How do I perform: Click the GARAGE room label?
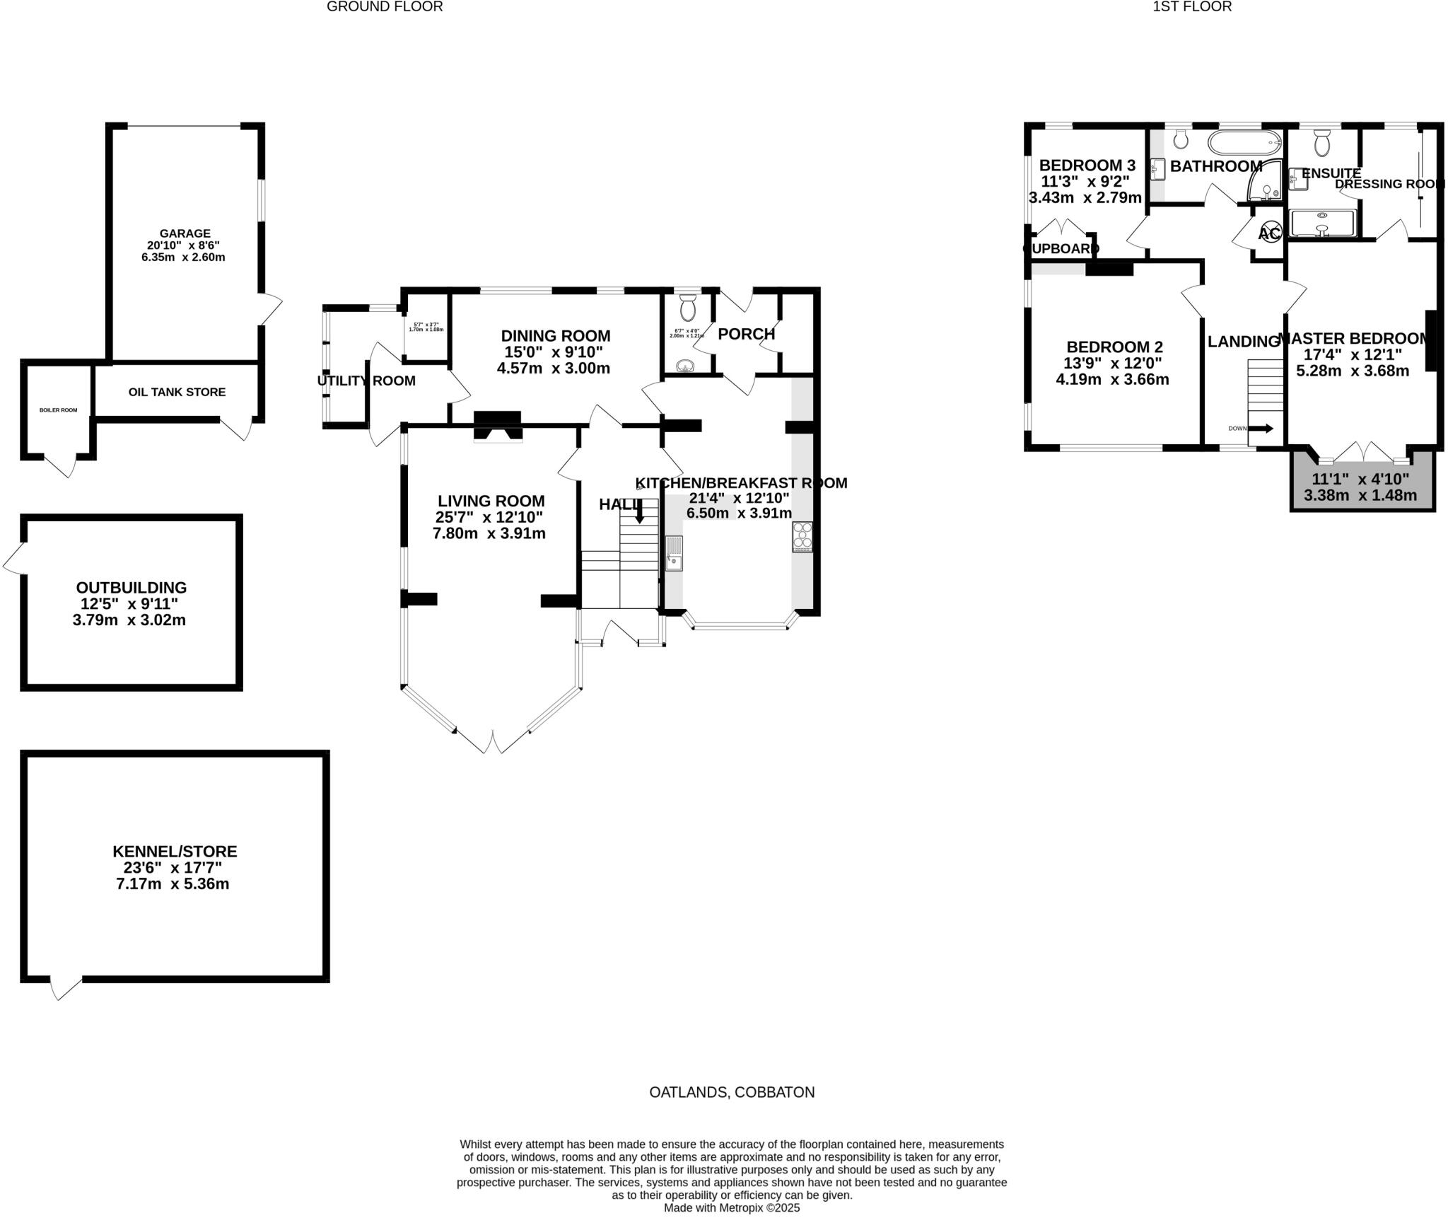pos(185,233)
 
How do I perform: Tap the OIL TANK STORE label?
pos(177,392)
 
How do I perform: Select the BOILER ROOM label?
pos(59,410)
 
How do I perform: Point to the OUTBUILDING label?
pos(132,588)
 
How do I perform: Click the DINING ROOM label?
pos(555,336)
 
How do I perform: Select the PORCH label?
pos(746,334)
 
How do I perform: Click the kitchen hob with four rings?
pos(802,536)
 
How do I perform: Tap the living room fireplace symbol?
pos(498,427)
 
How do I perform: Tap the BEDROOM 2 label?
pos(1114,347)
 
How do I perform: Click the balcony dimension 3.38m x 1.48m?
pos(1360,495)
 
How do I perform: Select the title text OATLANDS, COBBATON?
pos(732,1092)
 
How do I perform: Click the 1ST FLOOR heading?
pos(1202,7)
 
